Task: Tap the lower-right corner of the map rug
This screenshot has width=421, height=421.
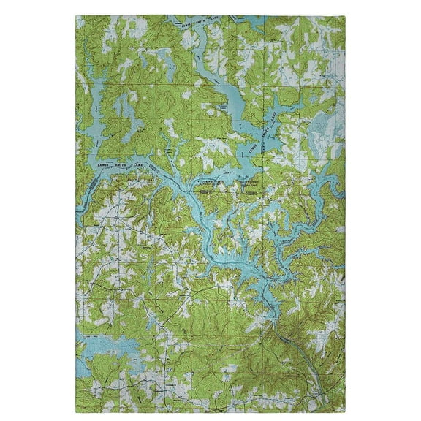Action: tap(344, 407)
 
